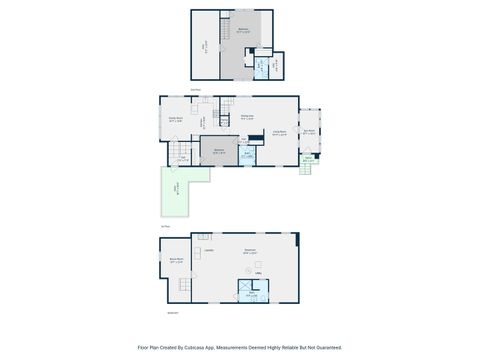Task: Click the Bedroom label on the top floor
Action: [x=243, y=31]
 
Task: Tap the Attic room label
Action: [x=206, y=45]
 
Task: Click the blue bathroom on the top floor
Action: [x=262, y=67]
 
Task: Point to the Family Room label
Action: [x=175, y=120]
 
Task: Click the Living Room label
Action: [x=280, y=132]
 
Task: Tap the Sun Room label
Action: [x=309, y=131]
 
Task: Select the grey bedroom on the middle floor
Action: [x=219, y=152]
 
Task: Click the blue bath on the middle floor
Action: [x=247, y=156]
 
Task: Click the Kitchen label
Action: [x=202, y=122]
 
